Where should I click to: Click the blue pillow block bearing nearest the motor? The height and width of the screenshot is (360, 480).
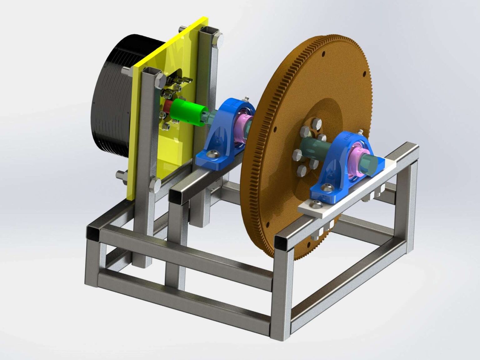pos(225,134)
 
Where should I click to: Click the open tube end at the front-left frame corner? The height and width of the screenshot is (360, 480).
pos(93,233)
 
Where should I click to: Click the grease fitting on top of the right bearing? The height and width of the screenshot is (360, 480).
pos(361,131)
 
